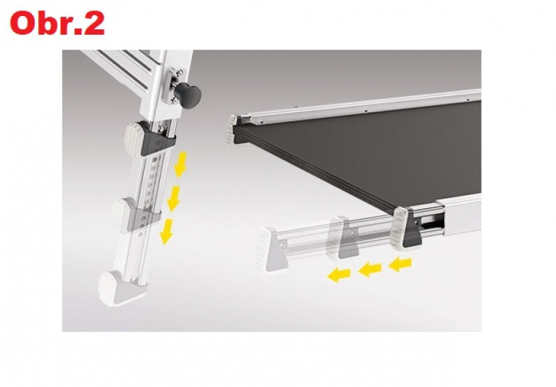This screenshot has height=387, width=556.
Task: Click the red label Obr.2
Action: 58,23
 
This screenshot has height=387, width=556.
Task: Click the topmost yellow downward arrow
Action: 181,164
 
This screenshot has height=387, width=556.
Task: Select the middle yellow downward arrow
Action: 173,198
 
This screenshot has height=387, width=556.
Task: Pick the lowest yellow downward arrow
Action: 166,232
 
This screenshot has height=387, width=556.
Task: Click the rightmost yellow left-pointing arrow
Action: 400,264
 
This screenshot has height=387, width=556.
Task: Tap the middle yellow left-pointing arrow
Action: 370,269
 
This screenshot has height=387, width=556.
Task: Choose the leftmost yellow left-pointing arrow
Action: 338,275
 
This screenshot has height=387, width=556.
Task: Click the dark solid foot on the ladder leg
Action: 150,139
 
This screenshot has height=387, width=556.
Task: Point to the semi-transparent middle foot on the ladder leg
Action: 136,216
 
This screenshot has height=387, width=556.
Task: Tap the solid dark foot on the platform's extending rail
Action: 408,228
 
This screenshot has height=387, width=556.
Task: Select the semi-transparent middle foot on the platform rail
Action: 343,237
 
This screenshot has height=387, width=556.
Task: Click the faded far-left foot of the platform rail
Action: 275,250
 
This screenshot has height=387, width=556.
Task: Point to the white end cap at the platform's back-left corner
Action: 234,129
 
